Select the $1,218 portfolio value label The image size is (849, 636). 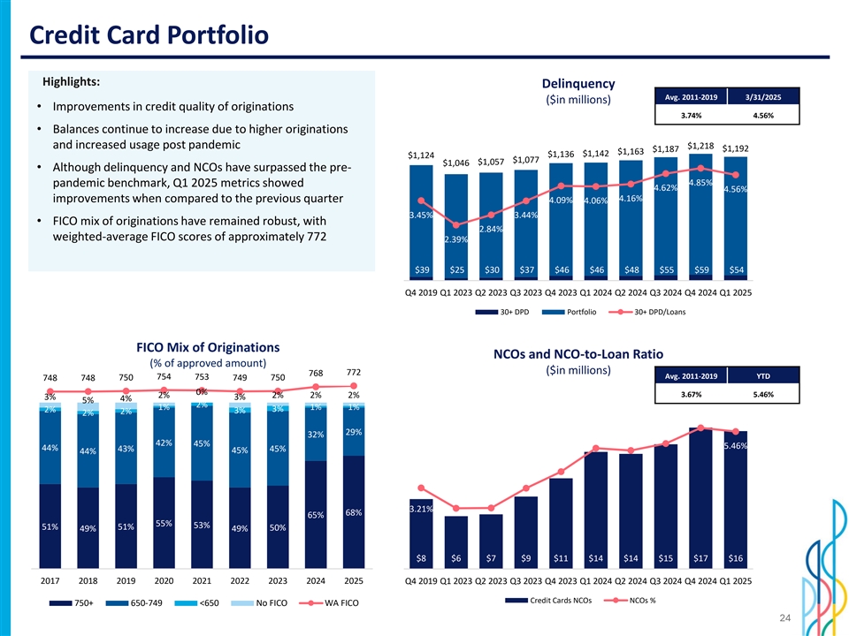coord(700,145)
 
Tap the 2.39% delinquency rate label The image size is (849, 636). coord(456,239)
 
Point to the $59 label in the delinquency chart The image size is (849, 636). coord(701,269)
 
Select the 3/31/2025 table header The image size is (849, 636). coord(762,96)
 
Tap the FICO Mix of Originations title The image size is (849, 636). coord(208,347)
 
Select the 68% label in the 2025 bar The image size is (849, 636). coord(353,513)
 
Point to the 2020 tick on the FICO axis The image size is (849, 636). coord(164,581)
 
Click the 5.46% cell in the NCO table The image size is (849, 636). coord(762,395)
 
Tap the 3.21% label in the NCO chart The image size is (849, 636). coord(420,510)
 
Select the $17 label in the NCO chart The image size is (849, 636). coord(701,557)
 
